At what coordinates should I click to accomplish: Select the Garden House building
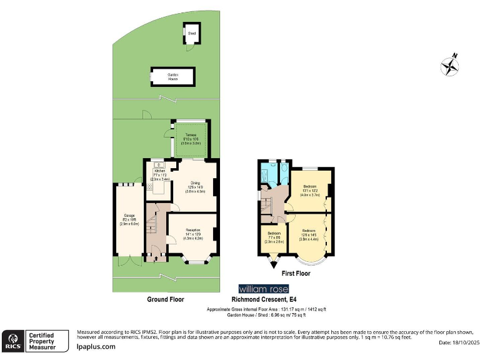pos(172,77)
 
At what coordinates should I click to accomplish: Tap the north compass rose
pos(449,65)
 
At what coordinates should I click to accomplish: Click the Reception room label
pos(192,230)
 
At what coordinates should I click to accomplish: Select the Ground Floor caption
pos(166,299)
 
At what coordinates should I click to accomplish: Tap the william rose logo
pos(263,289)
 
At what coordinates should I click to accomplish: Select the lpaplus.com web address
pos(96,346)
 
